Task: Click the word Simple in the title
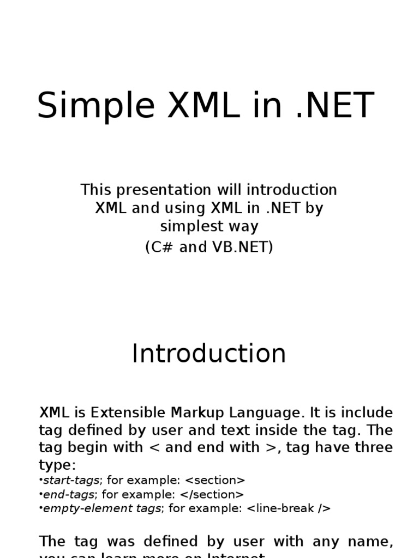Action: pyautogui.click(x=96, y=105)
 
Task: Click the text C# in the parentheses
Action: pyautogui.click(x=162, y=247)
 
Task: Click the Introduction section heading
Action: pyautogui.click(x=209, y=354)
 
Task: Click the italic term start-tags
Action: pyautogui.click(x=71, y=480)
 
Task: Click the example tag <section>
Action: pyautogui.click(x=216, y=480)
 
